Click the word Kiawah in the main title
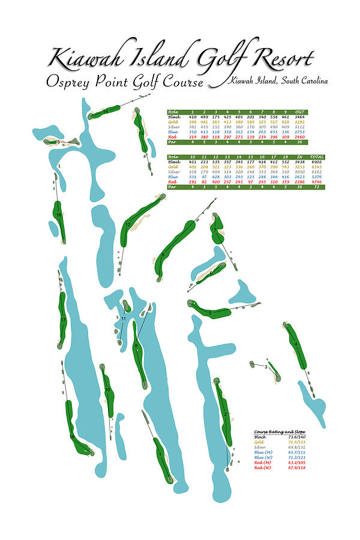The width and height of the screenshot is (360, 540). click(80, 59)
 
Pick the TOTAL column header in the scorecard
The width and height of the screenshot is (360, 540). click(317, 157)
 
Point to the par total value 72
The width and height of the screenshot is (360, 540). click(317, 187)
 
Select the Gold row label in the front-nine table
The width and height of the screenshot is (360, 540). click(173, 122)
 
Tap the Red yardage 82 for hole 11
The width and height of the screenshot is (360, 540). click(204, 182)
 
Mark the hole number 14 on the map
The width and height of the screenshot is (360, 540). click(106, 112)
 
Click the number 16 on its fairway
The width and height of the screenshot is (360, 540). click(59, 215)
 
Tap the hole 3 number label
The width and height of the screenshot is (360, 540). click(266, 367)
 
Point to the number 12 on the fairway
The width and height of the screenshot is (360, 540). click(128, 225)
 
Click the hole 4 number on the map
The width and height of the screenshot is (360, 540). click(296, 344)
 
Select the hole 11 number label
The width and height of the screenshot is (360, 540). click(124, 319)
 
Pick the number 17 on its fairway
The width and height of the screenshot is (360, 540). click(63, 320)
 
